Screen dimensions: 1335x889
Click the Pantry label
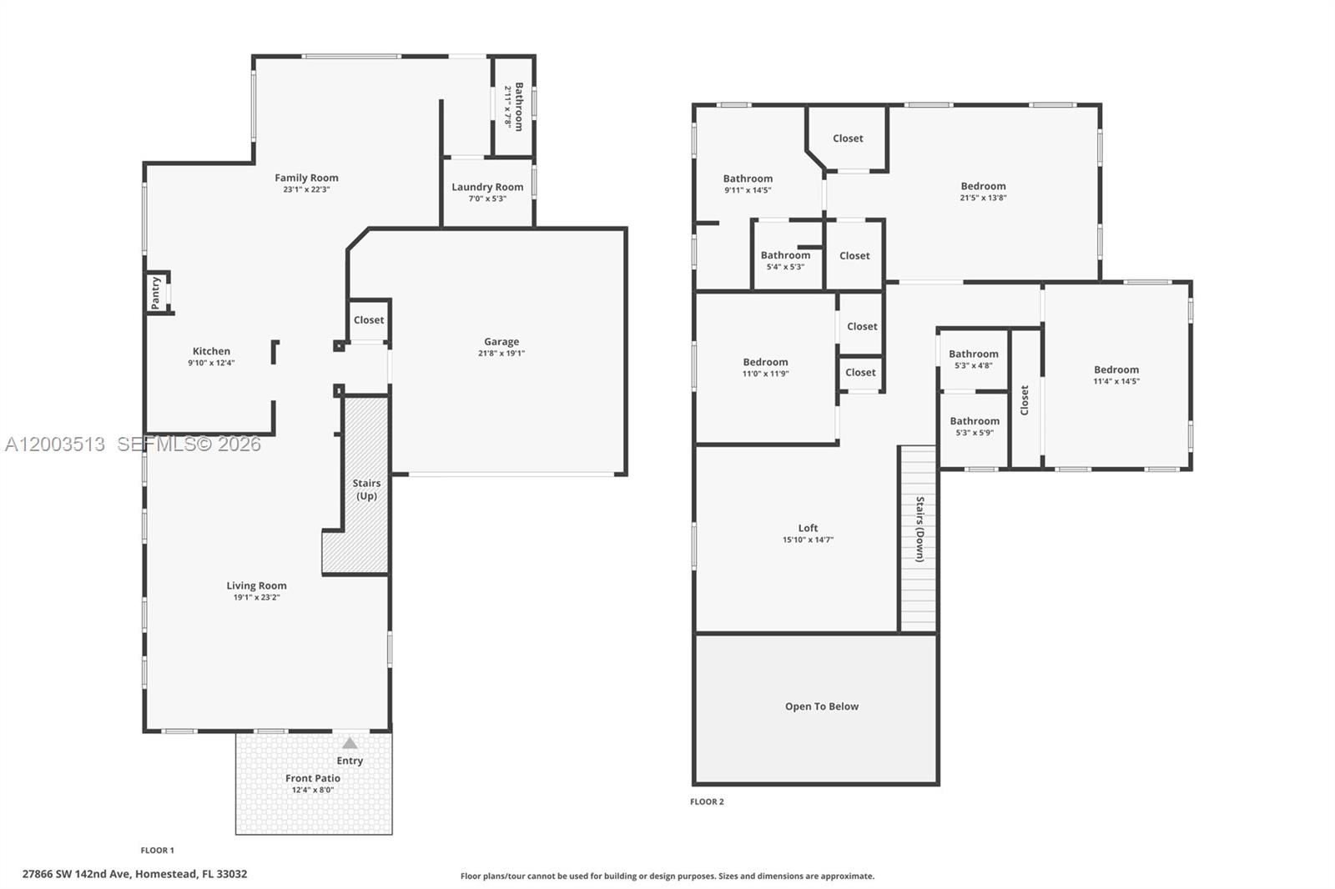coord(155,293)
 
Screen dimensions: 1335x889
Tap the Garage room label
coord(501,341)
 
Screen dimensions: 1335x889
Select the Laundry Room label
coord(487,187)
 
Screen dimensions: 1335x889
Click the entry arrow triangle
coord(350,743)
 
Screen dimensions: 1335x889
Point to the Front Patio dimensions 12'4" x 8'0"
coord(313,790)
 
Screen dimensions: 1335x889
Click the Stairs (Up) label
coord(366,490)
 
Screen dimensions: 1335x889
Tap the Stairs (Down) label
coord(920,529)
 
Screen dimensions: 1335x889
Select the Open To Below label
coord(822,706)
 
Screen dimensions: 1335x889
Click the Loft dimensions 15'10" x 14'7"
coord(809,540)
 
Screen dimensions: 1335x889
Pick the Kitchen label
coord(211,351)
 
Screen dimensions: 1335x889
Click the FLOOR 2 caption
coord(707,801)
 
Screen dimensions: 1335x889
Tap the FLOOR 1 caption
coord(158,851)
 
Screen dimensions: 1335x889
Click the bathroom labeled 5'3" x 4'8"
coord(974,354)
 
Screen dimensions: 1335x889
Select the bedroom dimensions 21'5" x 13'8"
coord(984,198)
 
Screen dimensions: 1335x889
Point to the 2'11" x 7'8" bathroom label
coord(519,107)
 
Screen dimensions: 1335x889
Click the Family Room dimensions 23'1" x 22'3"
coord(306,189)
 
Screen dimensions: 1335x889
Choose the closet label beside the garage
coord(369,320)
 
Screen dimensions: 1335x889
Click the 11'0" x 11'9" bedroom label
coord(765,362)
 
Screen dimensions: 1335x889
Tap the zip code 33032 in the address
coord(233,874)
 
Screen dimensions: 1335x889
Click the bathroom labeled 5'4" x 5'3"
coord(785,255)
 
